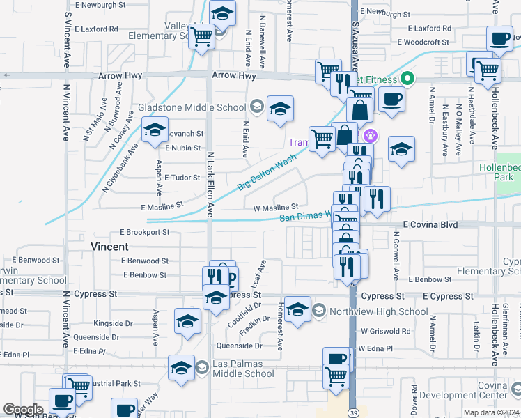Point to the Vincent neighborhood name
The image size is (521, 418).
(109, 247)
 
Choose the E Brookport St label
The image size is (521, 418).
(144, 231)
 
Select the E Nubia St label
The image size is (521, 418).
(183, 148)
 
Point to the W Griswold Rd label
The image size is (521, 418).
(384, 332)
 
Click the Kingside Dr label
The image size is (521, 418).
(113, 323)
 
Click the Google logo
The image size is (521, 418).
(23, 410)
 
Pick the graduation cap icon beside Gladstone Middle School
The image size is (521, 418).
(280, 109)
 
